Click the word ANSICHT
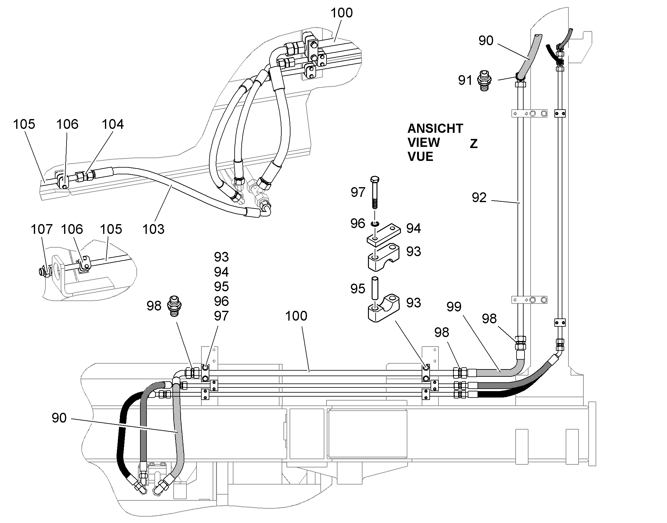click(x=435, y=129)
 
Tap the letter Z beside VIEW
click(x=474, y=143)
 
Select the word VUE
click(x=420, y=157)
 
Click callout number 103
click(x=153, y=229)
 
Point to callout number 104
click(x=113, y=124)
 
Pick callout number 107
click(x=41, y=229)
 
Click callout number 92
click(x=479, y=198)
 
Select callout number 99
click(x=454, y=307)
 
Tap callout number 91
click(x=465, y=80)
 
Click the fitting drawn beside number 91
click(x=484, y=81)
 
